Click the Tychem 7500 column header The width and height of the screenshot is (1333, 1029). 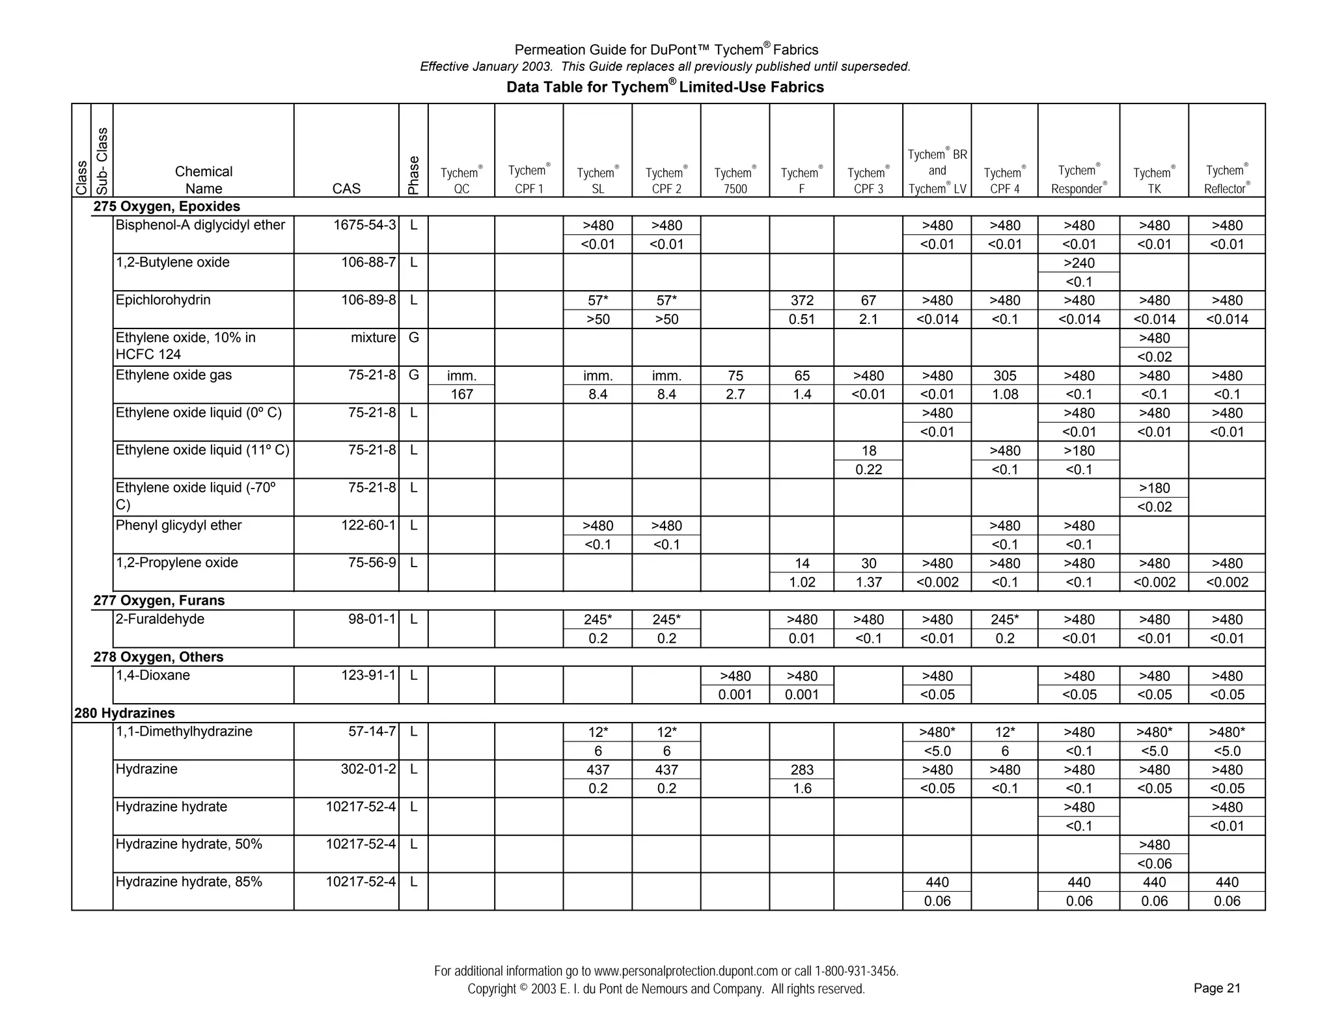tap(735, 181)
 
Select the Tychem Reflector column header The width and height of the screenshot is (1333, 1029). tap(1226, 180)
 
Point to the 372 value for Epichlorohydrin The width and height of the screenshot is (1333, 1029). tap(802, 301)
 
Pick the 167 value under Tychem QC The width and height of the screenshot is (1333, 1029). tap(461, 394)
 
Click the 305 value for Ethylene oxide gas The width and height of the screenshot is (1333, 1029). tap(1004, 376)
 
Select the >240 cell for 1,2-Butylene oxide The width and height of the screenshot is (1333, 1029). tap(1079, 263)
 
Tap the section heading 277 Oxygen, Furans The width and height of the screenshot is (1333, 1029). tap(159, 600)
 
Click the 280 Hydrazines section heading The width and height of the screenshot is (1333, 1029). tap(124, 713)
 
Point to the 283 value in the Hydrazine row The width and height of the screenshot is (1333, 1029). tap(802, 769)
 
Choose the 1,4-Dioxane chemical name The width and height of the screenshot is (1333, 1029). tap(153, 675)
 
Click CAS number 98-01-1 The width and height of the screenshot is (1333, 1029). tap(372, 619)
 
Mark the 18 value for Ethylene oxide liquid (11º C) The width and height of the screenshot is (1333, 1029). tap(868, 451)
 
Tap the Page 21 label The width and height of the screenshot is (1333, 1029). tap(1216, 988)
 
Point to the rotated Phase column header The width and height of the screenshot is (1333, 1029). tap(413, 175)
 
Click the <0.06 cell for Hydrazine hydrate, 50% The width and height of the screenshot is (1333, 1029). tap(1154, 864)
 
